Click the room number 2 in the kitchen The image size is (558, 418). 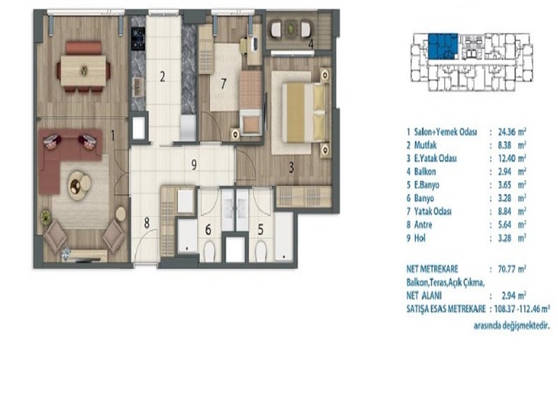tap(163, 77)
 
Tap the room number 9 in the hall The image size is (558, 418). tap(194, 165)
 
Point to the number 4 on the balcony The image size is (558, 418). tap(310, 45)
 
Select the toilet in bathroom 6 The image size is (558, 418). tap(209, 251)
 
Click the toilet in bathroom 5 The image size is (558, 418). tap(261, 251)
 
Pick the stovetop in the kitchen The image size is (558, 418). tap(138, 38)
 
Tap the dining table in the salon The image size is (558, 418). tap(84, 70)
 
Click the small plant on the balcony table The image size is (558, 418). tap(292, 27)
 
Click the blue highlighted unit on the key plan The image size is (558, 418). tap(442, 46)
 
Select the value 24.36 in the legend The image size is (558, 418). tap(506, 132)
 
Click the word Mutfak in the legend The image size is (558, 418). tap(425, 146)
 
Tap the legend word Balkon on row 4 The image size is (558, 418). tap(425, 171)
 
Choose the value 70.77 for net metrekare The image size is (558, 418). tap(507, 269)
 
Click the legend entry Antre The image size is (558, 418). tap(423, 224)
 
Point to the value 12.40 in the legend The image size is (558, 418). tap(506, 159)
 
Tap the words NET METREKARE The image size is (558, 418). tap(432, 269)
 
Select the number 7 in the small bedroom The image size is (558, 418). tap(223, 84)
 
